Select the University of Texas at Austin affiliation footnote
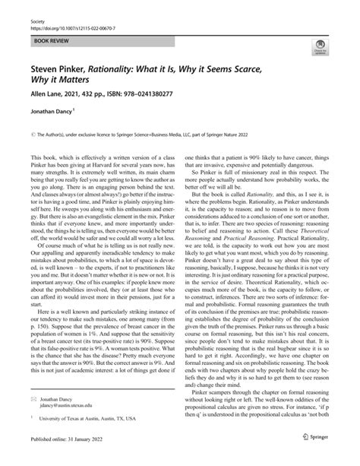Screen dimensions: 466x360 click(84, 439)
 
